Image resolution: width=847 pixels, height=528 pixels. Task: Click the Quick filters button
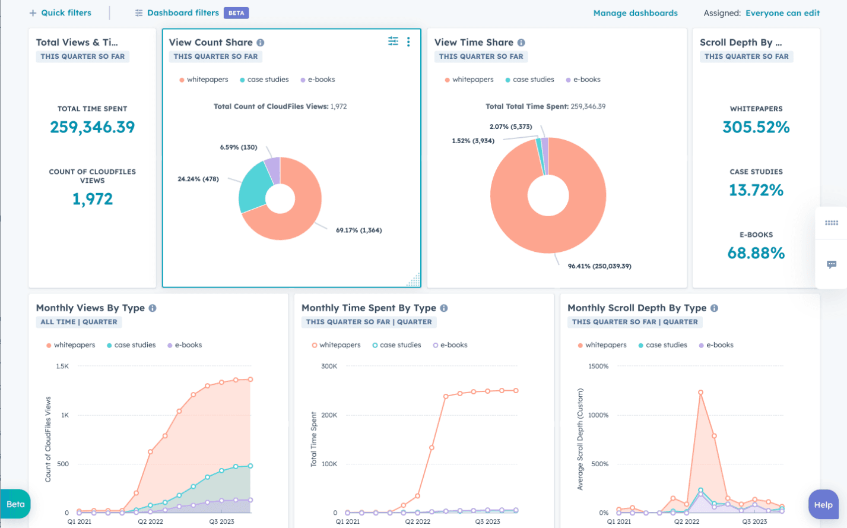61,12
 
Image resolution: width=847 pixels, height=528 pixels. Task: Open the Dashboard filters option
183,12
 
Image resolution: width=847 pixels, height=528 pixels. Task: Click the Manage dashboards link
635,13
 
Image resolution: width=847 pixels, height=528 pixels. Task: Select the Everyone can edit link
782,13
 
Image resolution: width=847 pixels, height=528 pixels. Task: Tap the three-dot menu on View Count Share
408,42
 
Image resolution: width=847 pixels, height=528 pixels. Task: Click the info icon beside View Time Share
521,43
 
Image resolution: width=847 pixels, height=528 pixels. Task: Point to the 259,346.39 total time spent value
93,127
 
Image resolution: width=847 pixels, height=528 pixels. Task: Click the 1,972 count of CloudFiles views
93,199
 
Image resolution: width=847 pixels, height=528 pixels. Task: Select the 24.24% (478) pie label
198,179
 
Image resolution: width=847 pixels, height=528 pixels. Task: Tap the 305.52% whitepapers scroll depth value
756,127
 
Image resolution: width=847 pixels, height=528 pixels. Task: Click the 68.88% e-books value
756,253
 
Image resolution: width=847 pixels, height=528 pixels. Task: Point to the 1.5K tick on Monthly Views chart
62,366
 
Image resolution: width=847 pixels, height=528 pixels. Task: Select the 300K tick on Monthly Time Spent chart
329,366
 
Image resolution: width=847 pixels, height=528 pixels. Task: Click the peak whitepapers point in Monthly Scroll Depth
701,393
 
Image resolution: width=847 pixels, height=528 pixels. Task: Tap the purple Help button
823,505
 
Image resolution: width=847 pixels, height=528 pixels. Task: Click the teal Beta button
15,504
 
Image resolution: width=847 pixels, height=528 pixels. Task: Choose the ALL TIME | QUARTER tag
79,322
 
